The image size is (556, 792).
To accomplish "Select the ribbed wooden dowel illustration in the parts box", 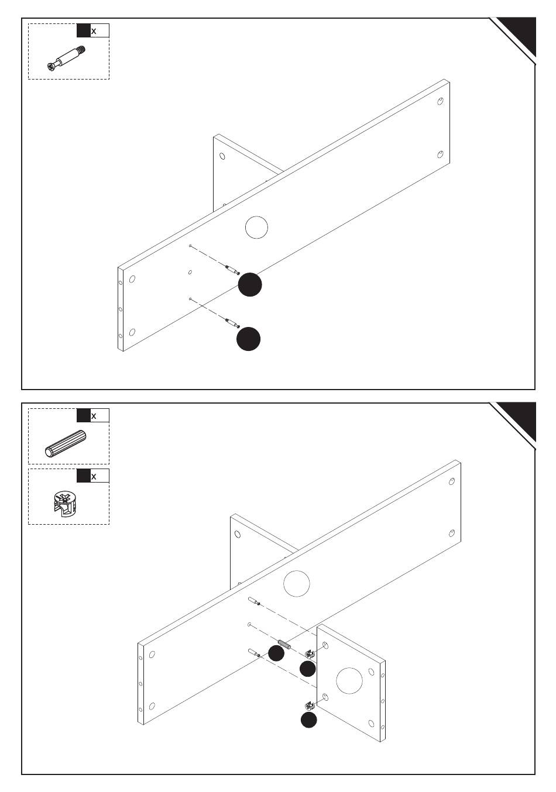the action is [66, 443].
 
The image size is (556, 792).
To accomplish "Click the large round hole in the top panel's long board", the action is [256, 227].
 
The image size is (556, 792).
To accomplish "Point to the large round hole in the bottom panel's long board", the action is [296, 583].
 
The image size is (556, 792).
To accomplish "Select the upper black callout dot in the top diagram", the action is [250, 285].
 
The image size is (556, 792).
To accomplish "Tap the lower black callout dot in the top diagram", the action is [248, 339].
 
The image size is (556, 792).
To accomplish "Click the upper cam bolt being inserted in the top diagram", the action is [232, 270].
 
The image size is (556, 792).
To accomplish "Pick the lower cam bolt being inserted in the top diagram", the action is [232, 322].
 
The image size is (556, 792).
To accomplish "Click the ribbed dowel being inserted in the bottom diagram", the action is [284, 645].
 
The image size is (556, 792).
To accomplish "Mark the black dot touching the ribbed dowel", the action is [276, 653].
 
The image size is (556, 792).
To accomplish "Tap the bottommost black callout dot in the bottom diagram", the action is [309, 720].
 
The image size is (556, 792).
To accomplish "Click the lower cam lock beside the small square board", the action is [310, 707].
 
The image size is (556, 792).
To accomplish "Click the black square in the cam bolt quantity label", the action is [84, 31].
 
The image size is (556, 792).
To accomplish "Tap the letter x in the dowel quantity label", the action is [94, 416].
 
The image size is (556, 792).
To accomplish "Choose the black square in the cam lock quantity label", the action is [84, 476].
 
